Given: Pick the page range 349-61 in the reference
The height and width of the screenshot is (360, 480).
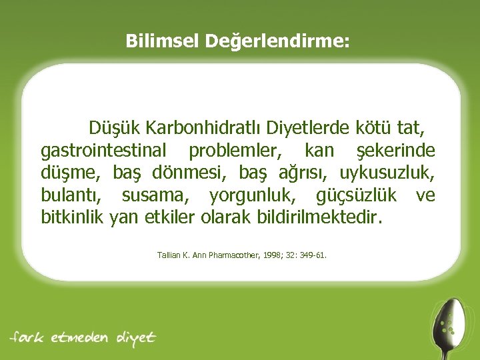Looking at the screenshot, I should pos(314,255).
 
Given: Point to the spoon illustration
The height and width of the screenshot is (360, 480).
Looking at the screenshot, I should pos(446,323).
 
